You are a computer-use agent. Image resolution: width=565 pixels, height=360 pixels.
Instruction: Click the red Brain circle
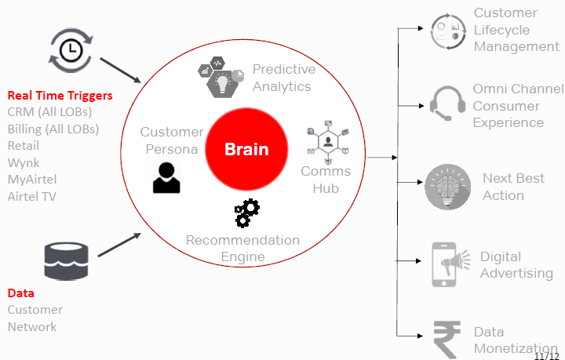click(x=246, y=149)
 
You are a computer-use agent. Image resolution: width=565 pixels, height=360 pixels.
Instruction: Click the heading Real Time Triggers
click(x=60, y=96)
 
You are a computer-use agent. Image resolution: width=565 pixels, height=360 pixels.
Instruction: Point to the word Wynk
click(x=24, y=162)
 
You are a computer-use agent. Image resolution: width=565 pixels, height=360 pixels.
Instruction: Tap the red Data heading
click(x=20, y=293)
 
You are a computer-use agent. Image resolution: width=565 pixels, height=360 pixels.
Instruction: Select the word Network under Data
click(x=32, y=326)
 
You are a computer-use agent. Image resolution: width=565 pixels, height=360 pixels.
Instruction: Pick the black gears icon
click(x=247, y=213)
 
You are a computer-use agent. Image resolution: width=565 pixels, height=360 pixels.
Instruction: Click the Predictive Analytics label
click(x=282, y=78)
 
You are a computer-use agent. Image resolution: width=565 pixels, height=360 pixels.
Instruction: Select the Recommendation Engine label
click(x=242, y=248)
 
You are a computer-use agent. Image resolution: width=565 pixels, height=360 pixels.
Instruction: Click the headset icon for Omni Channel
click(x=448, y=104)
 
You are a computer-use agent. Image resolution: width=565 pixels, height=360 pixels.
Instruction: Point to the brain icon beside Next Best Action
click(x=448, y=187)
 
